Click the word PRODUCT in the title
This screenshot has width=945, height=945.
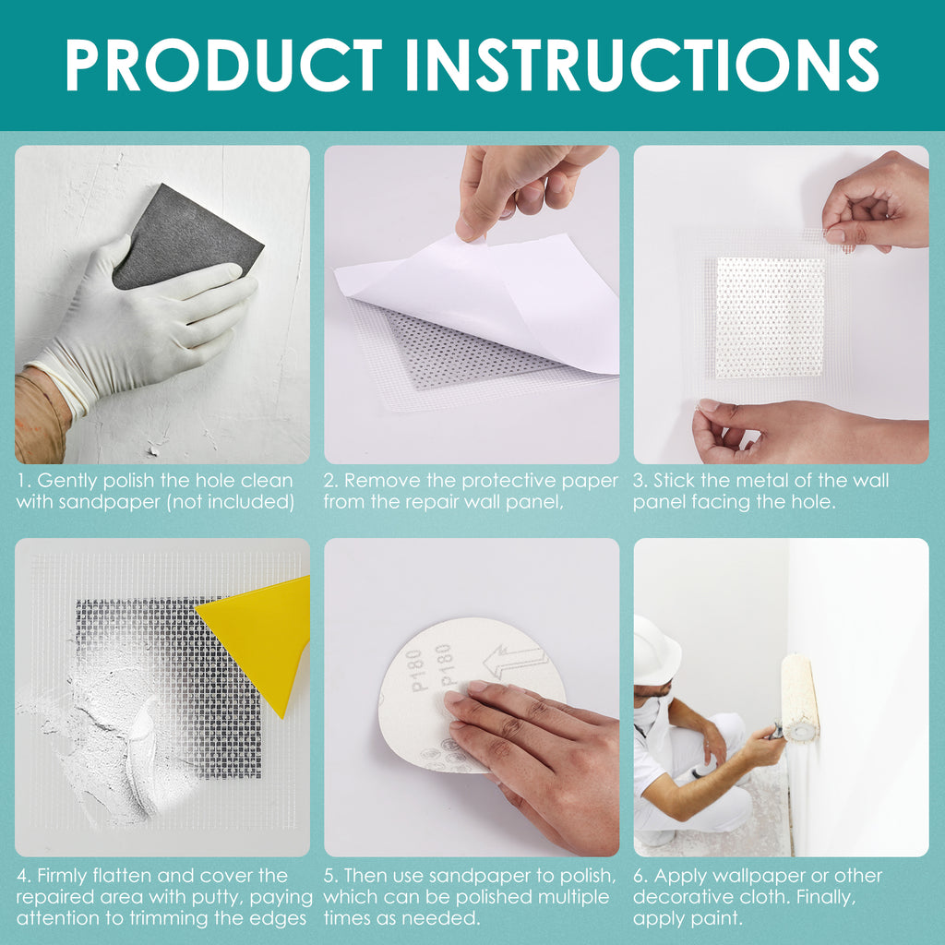pyautogui.click(x=223, y=66)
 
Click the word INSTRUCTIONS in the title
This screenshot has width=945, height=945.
pyautogui.click(x=642, y=66)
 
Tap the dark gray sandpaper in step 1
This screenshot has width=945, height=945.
pyautogui.click(x=186, y=235)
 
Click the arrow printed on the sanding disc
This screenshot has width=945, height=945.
pyautogui.click(x=514, y=661)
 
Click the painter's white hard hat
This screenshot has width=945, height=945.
pyautogui.click(x=656, y=651)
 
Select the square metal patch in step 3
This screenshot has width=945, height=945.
pyautogui.click(x=770, y=317)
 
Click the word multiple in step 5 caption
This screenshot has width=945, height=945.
pyautogui.click(x=573, y=897)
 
